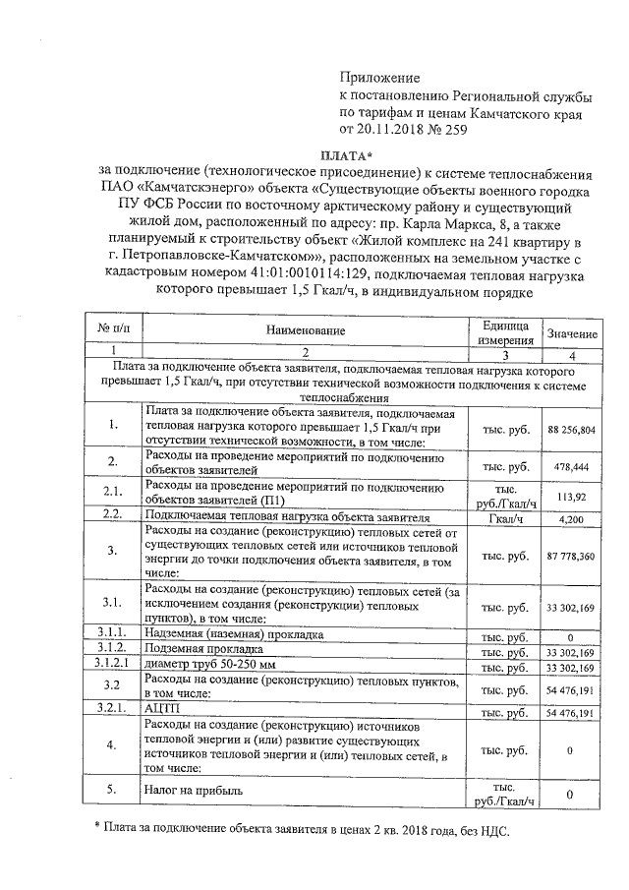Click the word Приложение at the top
point(379,78)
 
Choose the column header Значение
point(571,333)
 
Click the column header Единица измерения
point(505,332)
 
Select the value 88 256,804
point(571,431)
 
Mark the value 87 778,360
point(571,555)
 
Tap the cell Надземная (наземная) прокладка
point(234,635)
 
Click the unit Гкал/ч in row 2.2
point(505,517)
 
